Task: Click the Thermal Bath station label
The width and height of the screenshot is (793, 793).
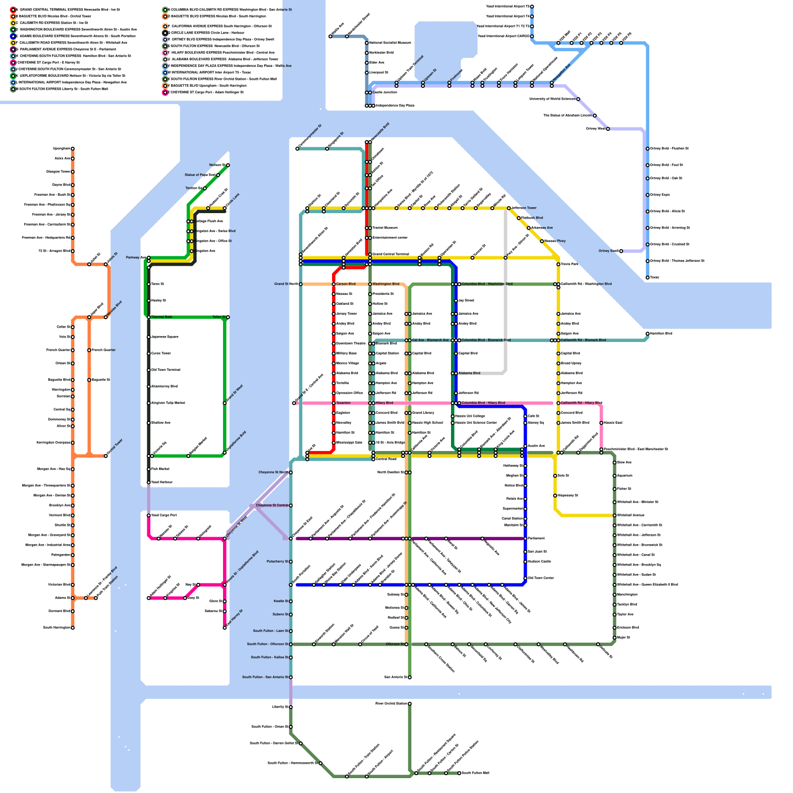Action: coord(162,317)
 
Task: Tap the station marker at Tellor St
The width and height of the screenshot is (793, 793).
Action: coord(227,317)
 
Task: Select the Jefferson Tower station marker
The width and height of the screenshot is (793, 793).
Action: coord(509,208)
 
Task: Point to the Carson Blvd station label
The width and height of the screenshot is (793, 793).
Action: coord(345,284)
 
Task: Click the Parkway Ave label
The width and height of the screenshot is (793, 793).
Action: coord(135,258)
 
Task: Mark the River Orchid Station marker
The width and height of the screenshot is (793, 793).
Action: coord(409,704)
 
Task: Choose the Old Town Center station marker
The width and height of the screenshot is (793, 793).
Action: coord(525,578)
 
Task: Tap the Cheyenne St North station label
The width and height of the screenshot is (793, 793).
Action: coord(273,472)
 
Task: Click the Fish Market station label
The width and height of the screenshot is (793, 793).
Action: coord(160,469)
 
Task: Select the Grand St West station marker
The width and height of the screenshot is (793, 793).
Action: coord(225,403)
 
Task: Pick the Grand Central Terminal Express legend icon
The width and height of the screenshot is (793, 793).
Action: coord(13,9)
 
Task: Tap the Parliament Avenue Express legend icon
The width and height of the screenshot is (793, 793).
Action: coord(13,50)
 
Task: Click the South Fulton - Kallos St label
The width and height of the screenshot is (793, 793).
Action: coord(269,657)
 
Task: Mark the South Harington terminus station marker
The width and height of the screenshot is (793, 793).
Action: coord(72,628)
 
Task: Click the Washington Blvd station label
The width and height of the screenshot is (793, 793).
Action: coord(386,284)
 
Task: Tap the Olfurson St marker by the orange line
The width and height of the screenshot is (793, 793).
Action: coord(406,644)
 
